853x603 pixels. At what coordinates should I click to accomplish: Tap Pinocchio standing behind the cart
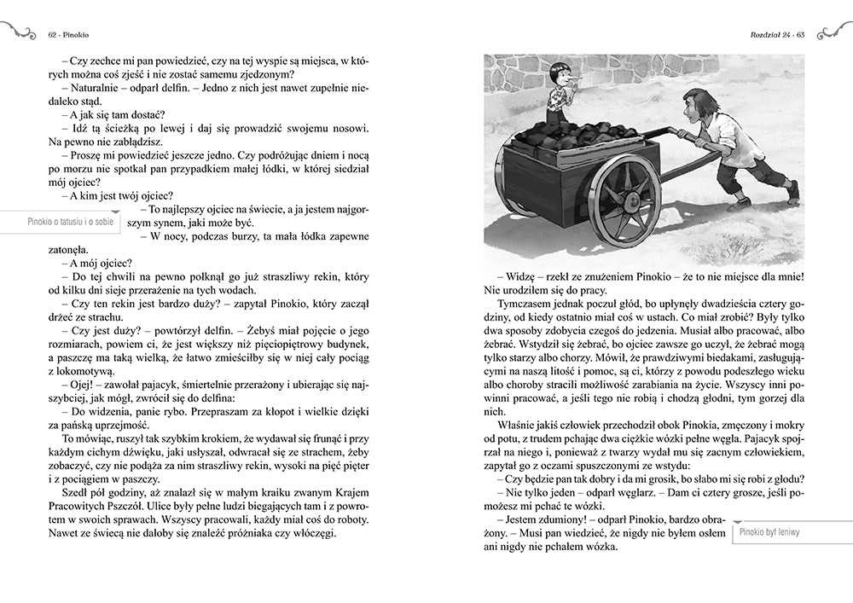(x=560, y=96)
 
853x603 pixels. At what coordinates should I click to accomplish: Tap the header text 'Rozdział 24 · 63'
(x=776, y=35)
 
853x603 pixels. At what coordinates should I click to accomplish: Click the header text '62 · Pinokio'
(x=71, y=35)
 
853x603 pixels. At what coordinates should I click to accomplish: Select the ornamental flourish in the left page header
(x=19, y=32)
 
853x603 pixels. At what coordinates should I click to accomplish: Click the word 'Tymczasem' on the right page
(x=523, y=301)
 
